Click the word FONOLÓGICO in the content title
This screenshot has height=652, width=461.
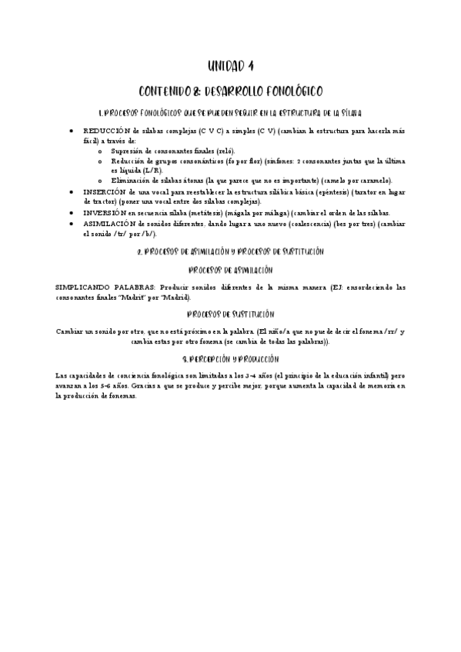[x=284, y=89]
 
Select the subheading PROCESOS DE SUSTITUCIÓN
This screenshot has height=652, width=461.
[x=230, y=314]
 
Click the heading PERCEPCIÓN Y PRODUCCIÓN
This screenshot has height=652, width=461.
[x=230, y=358]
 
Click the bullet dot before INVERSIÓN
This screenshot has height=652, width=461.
[x=71, y=212]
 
